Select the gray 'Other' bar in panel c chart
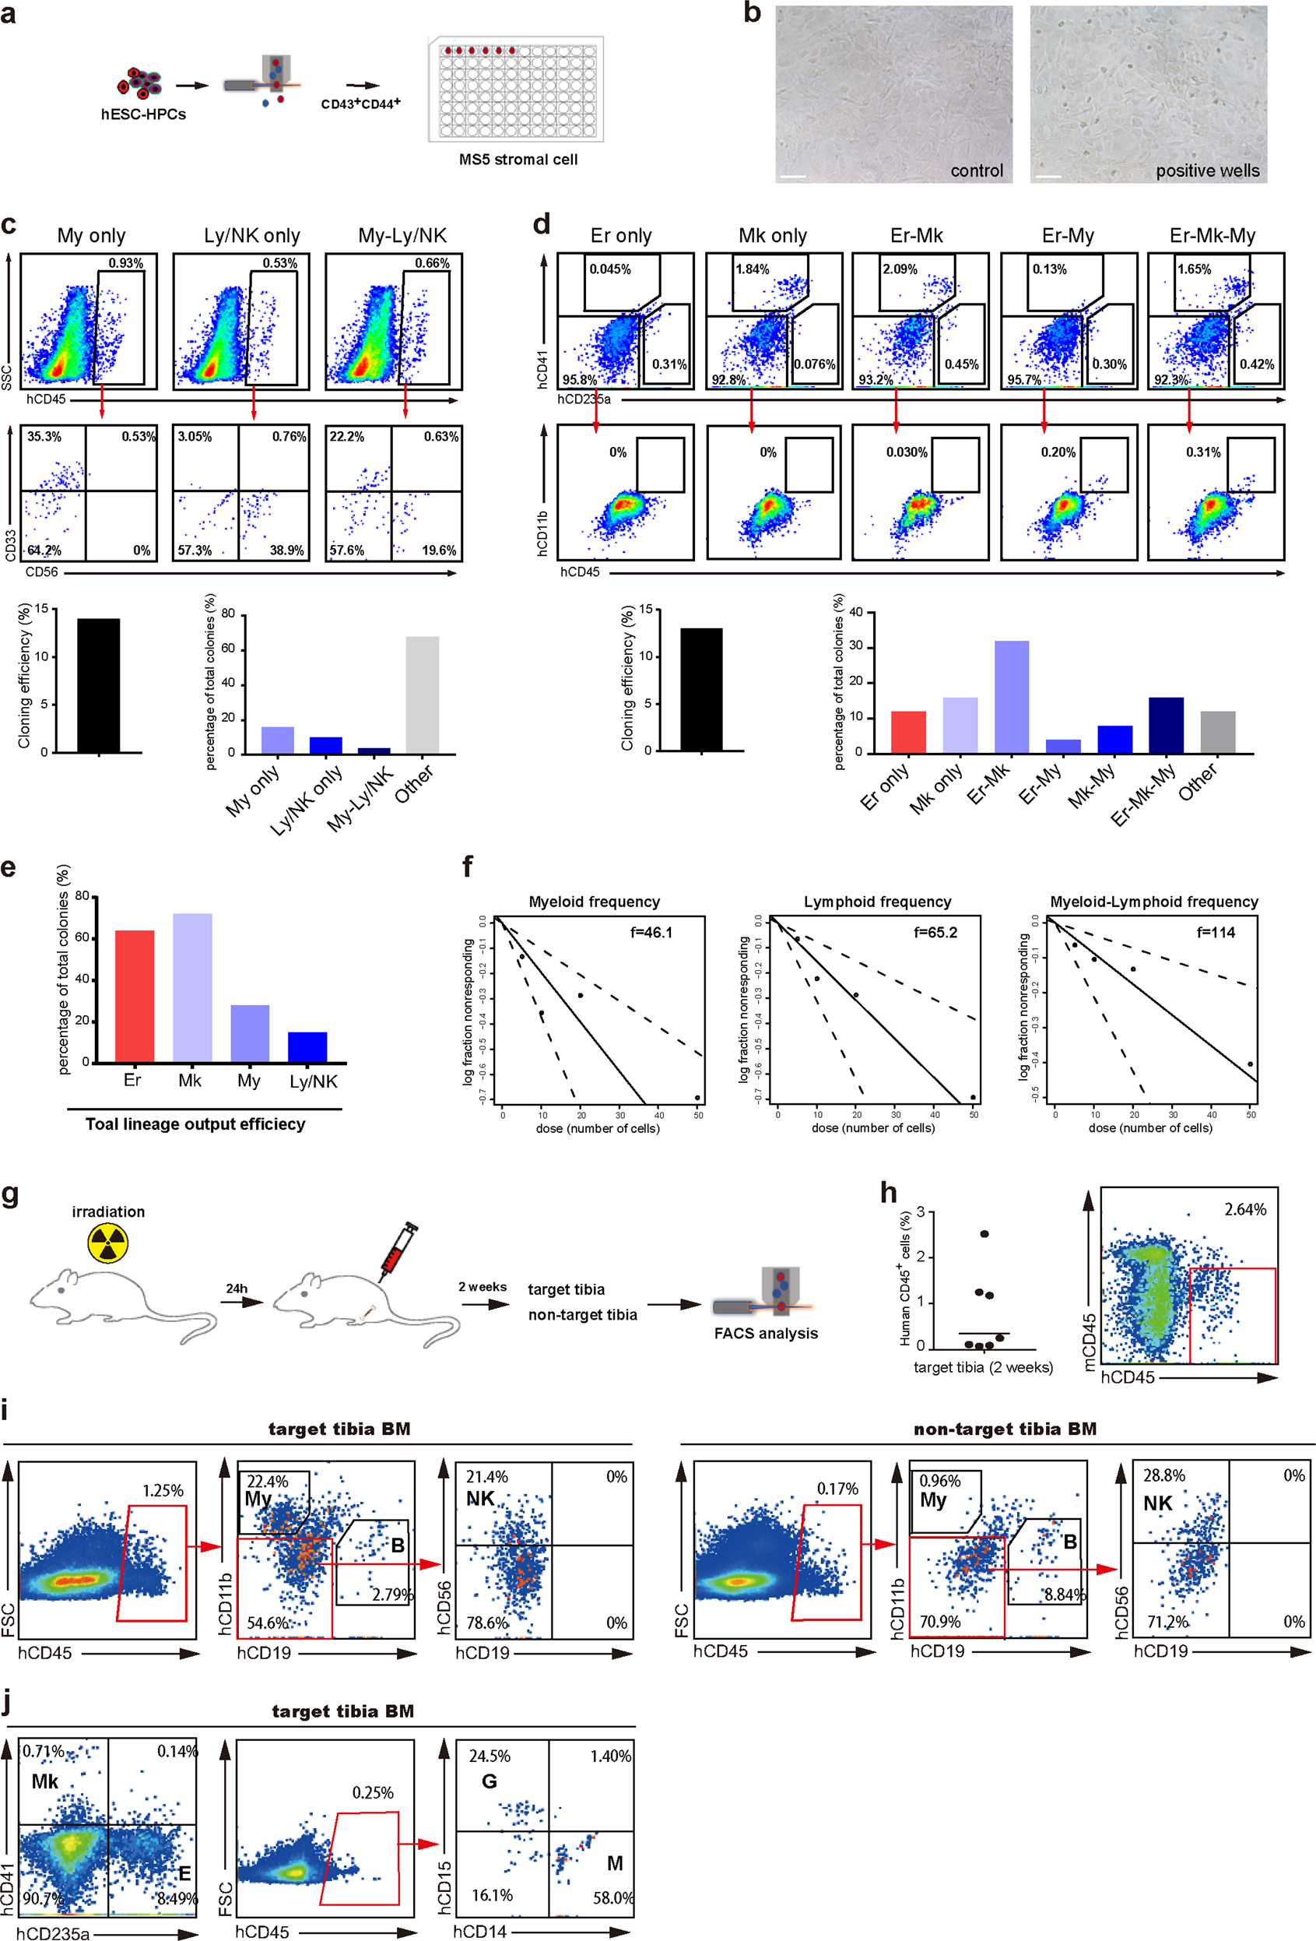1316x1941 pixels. [422, 695]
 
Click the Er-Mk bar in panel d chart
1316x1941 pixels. [1011, 697]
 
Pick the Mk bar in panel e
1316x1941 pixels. [192, 987]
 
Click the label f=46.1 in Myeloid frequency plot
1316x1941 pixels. [651, 932]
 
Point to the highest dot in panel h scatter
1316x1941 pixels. [984, 1233]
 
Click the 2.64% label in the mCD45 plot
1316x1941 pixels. [1245, 1209]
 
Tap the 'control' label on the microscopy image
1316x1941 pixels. [976, 171]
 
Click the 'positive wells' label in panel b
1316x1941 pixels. [1206, 171]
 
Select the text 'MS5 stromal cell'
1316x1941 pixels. [518, 160]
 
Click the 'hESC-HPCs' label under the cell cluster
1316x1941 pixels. [144, 114]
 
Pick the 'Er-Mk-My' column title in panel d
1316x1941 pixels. [1212, 236]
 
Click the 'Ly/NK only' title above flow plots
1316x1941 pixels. [252, 236]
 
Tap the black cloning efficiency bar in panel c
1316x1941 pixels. [99, 685]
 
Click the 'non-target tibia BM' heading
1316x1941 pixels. [1005, 1429]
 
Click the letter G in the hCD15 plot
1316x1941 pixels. [490, 1781]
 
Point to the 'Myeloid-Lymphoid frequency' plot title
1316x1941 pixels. [1153, 902]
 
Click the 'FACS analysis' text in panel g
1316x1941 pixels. [766, 1333]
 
